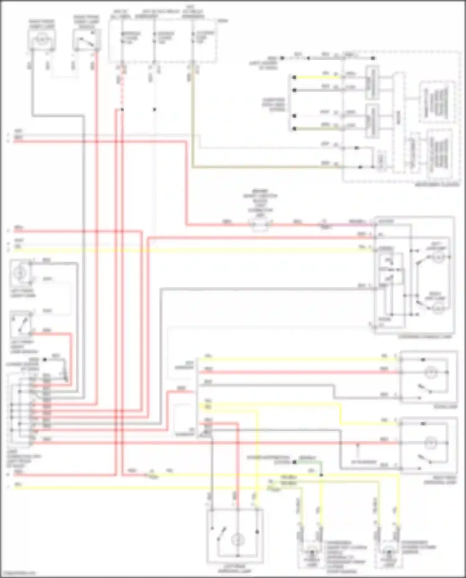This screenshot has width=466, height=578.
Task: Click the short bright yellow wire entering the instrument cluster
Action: tap(317, 77)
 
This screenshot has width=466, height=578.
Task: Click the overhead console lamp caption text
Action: tap(428, 337)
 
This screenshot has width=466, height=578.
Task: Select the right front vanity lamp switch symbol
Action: tap(86, 40)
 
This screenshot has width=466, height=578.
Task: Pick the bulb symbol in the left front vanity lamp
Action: tap(19, 273)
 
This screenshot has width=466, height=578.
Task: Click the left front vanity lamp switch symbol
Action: tap(21, 324)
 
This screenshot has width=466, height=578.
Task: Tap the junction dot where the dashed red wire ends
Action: tap(122, 110)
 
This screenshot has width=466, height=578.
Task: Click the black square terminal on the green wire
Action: tap(294, 462)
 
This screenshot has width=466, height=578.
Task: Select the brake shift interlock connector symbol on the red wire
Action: tap(260, 224)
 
